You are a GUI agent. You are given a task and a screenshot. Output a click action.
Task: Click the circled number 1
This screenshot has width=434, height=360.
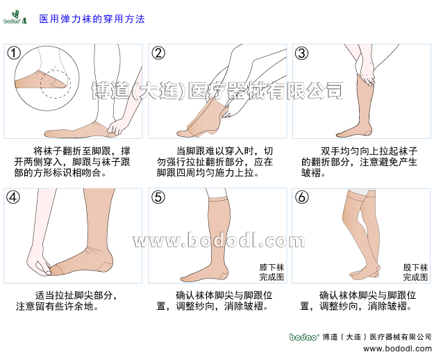point(14,54)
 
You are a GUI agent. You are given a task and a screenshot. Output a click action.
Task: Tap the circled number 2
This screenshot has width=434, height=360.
point(158,54)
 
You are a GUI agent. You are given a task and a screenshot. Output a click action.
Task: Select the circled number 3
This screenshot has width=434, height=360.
point(302,54)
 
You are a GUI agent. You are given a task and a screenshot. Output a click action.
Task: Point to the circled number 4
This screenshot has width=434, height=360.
point(14,197)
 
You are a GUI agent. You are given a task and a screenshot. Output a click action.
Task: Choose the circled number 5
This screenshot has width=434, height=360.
point(158,197)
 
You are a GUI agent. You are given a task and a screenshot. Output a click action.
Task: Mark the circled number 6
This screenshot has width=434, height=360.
point(302,197)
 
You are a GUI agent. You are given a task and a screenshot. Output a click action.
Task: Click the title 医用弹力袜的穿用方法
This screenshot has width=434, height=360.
point(92,19)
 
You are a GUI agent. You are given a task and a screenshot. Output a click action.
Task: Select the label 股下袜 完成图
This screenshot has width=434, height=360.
point(415,272)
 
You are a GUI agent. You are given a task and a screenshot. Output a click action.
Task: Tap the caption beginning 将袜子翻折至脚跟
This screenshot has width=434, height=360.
point(75,161)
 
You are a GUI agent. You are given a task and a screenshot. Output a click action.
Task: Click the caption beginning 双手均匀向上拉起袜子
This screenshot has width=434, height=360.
point(359,161)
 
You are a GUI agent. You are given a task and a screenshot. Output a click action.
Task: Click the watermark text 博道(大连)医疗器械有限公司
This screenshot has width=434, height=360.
point(217,90)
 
